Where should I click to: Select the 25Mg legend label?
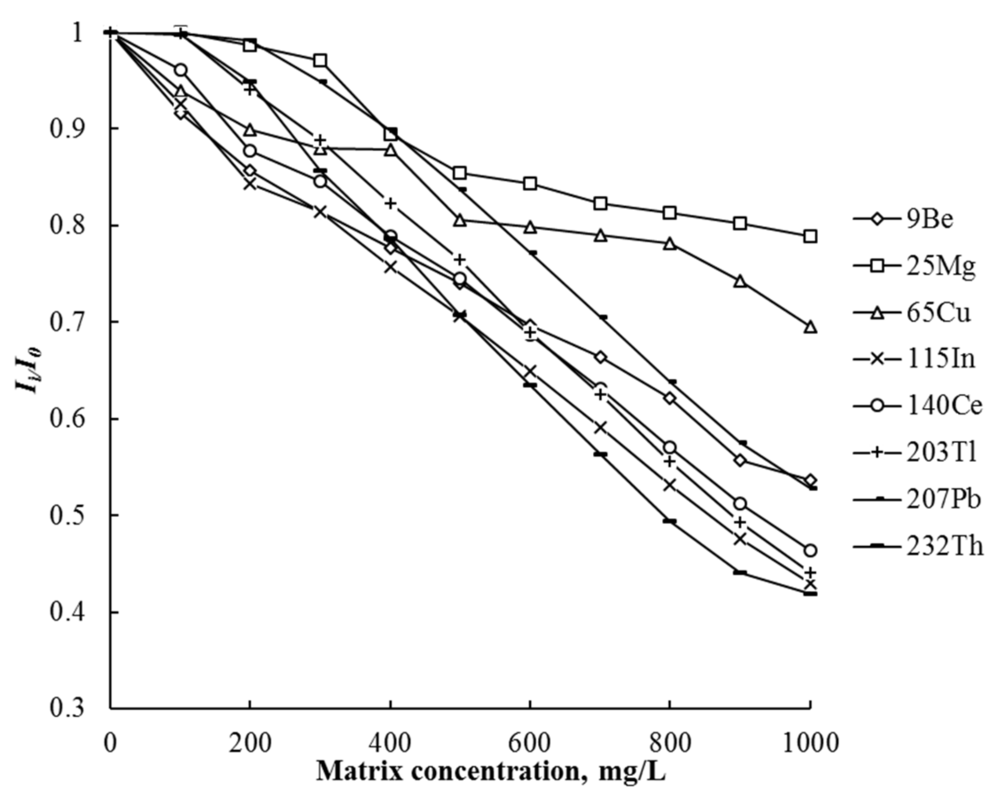coord(940,266)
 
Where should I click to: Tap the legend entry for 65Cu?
coord(937,313)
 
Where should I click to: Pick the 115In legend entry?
coord(940,359)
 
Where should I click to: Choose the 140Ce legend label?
coord(944,406)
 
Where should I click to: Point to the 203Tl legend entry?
coord(941,453)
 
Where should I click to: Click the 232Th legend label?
coord(944,546)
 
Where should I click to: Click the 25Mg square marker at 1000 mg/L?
coord(810,237)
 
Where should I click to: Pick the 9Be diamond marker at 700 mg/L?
coord(600,357)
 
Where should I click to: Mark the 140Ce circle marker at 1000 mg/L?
coord(810,550)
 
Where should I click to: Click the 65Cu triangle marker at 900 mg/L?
coord(740,281)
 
